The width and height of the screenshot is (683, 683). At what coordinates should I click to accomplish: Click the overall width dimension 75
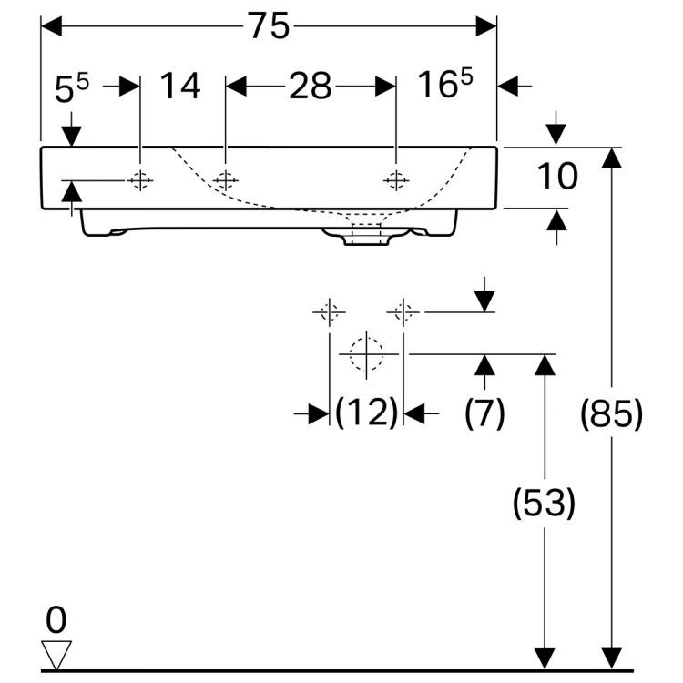269,27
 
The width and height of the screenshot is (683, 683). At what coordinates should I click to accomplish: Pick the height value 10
555,177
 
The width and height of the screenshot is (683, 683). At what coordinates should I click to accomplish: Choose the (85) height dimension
612,414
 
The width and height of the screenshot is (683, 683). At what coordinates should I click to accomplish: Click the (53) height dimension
544,502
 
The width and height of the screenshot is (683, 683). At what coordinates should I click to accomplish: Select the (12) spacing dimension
366,413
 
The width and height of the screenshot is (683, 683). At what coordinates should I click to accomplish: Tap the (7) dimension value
484,413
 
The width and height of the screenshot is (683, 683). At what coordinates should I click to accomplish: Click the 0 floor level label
56,621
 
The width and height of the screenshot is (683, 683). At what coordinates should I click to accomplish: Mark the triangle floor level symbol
56,653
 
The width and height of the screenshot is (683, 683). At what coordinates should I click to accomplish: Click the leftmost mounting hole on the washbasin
140,180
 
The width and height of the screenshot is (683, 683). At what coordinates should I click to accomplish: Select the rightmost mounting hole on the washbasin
396,180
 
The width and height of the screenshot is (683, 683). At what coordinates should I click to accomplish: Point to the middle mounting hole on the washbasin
225,180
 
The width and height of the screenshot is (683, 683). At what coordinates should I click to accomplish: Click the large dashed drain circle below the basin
366,352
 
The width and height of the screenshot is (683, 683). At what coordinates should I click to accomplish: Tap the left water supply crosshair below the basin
329,312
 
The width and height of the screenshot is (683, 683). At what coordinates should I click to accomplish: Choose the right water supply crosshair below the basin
403,312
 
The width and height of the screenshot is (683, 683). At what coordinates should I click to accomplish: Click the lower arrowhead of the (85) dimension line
613,658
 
